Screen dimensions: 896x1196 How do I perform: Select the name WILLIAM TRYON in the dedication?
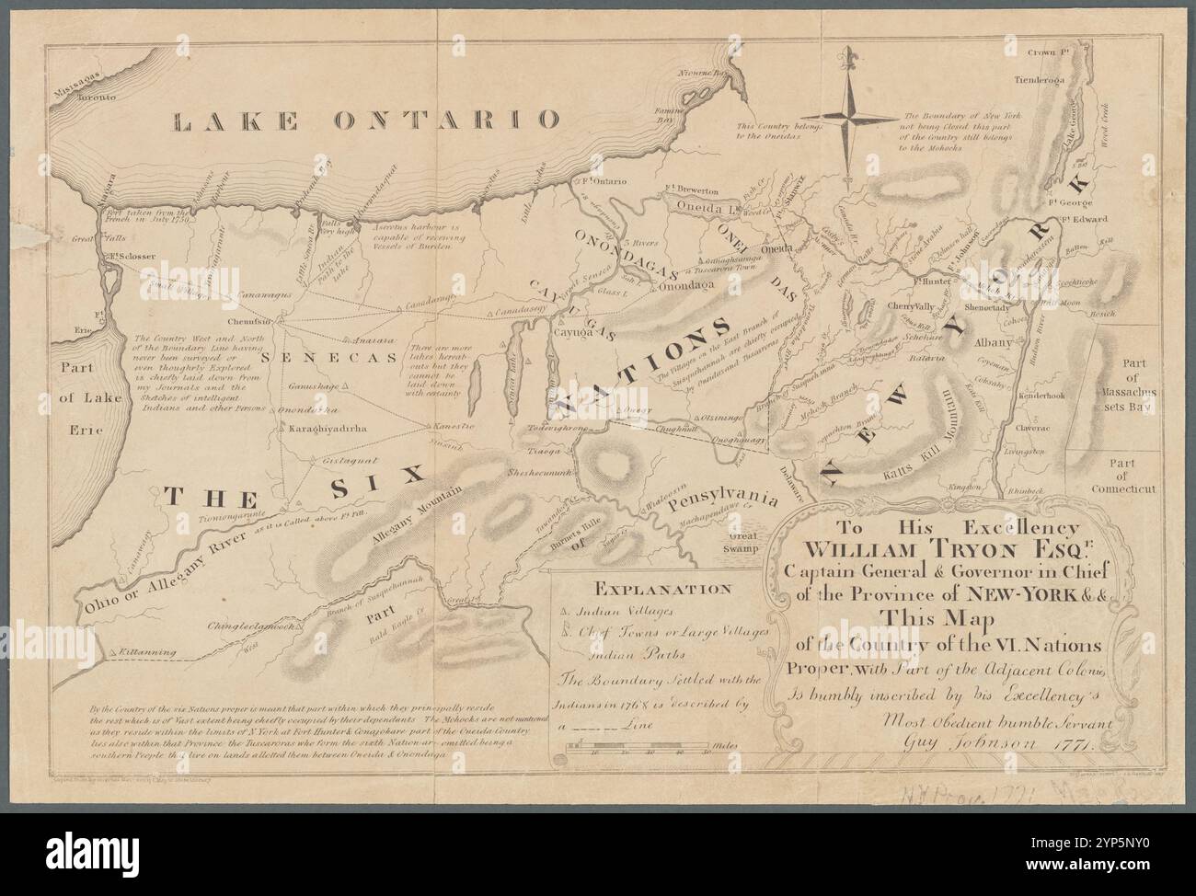[923, 550]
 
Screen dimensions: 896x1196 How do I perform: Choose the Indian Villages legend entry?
[621, 610]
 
